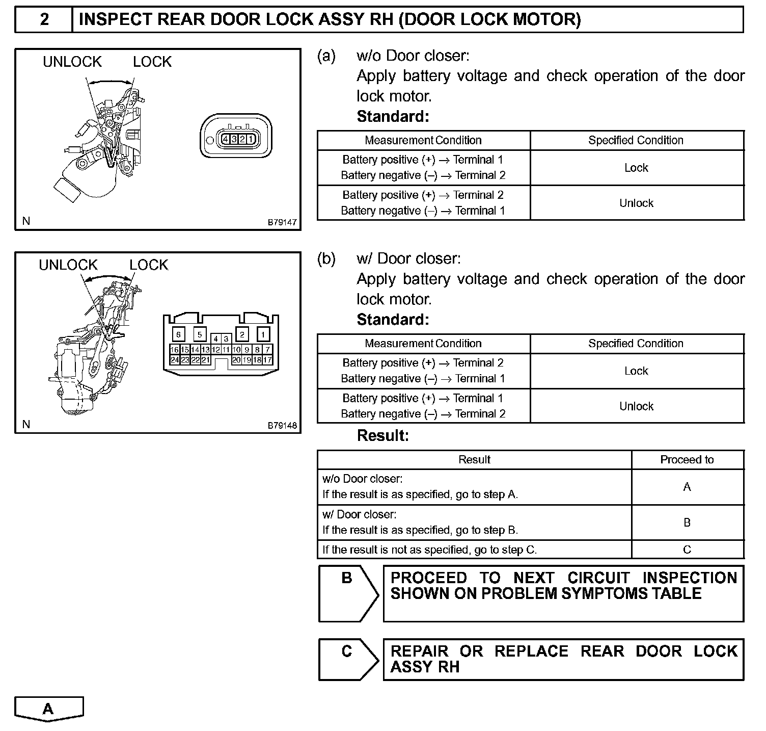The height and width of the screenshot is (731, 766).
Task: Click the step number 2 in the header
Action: click(45, 19)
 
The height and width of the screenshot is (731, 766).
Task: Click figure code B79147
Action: click(282, 222)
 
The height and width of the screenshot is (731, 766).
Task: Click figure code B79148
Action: click(282, 426)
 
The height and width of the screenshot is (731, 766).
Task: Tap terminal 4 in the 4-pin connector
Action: click(225, 139)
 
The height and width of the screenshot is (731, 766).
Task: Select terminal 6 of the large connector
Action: click(178, 334)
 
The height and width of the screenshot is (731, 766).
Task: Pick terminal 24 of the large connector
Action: click(174, 360)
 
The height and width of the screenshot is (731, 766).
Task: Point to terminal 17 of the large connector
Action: click(268, 360)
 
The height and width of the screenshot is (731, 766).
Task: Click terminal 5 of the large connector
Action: click(200, 334)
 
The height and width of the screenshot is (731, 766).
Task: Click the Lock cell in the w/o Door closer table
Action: click(636, 168)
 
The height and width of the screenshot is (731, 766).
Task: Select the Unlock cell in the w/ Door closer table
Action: click(636, 406)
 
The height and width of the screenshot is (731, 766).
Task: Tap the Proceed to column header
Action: click(687, 460)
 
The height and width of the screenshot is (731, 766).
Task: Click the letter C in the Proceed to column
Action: click(687, 550)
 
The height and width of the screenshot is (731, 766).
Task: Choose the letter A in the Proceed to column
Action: click(687, 487)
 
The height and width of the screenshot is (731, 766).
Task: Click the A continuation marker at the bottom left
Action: click(48, 709)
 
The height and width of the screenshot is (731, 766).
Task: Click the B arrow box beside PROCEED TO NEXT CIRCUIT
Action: click(347, 593)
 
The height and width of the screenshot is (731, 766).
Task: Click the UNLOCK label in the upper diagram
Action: click(72, 62)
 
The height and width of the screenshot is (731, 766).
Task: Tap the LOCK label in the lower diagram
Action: click(149, 265)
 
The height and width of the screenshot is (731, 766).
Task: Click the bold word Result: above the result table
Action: click(383, 436)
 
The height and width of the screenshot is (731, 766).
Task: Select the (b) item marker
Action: click(326, 259)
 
